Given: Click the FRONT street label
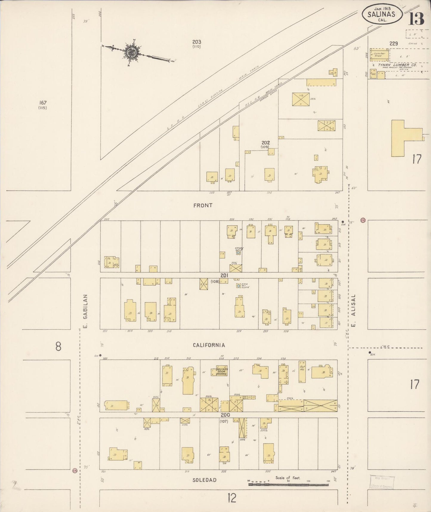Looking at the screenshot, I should coord(203,206).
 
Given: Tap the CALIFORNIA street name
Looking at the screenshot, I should coord(209,345).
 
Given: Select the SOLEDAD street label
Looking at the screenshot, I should coord(204,480).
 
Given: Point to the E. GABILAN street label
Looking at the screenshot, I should coord(85,311).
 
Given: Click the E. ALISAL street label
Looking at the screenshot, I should coord(354,311).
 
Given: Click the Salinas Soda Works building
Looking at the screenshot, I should coord(221,371).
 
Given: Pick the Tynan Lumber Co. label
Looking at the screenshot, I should coord(393,65).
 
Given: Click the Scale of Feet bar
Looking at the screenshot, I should coord(288,484).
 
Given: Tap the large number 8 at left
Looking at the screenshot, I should coord(58,347).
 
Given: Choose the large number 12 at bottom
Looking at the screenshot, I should coord(232,498).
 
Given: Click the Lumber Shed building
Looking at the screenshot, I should coord(379,55).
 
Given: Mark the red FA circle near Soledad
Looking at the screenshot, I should coord(75,471).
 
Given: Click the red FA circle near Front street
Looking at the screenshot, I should coord(363,220).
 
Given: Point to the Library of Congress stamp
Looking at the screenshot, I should coord(381,482).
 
